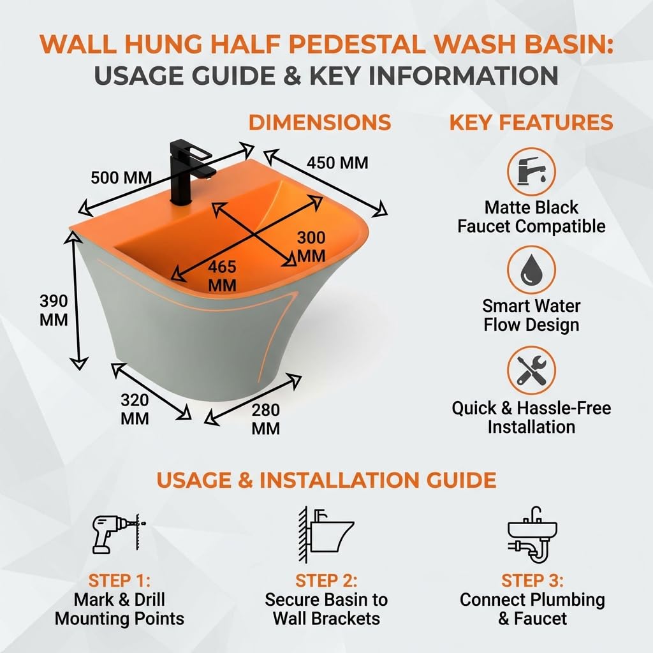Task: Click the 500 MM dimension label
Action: point(121,178)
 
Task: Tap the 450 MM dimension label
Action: point(337,163)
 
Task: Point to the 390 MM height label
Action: point(54,311)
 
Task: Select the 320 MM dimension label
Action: point(135,409)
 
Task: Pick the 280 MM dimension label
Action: point(266,419)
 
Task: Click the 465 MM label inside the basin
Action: point(222,275)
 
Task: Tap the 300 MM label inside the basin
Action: point(311,247)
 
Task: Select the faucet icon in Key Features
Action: point(531,172)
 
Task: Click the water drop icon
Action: point(531,270)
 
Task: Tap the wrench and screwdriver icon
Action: point(531,371)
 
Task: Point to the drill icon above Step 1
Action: point(119,534)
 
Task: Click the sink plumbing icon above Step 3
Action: point(532,535)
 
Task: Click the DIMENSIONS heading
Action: point(320,122)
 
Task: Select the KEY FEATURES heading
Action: point(531,122)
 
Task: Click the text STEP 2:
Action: point(326,580)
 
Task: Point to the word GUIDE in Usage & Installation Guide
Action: point(461,480)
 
